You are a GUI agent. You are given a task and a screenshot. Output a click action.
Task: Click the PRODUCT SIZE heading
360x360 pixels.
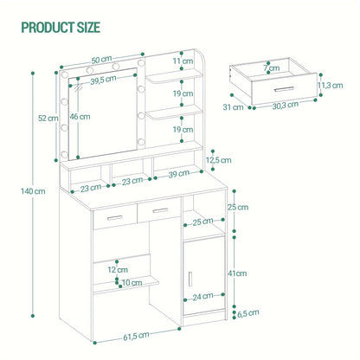point(61,28)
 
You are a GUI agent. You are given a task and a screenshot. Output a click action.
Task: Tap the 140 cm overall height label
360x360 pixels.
point(33,191)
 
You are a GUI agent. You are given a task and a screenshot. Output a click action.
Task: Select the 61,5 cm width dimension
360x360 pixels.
point(136,336)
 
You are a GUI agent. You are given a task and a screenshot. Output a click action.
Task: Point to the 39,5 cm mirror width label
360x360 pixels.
point(103,80)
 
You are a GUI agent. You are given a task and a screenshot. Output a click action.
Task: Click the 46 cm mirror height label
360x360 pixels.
point(80,117)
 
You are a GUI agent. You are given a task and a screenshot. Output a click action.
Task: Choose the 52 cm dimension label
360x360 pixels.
point(48,118)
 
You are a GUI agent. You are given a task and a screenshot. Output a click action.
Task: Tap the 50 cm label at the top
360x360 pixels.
point(101,60)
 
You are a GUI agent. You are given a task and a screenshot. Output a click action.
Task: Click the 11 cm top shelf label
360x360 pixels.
point(183,61)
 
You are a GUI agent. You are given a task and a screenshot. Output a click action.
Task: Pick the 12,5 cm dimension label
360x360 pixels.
point(218,160)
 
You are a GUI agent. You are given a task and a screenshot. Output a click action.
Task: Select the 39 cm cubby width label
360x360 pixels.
point(179,174)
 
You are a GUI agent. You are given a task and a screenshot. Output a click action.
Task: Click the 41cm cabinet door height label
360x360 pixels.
point(237,273)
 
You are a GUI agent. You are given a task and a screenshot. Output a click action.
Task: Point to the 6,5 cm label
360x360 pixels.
point(248,313)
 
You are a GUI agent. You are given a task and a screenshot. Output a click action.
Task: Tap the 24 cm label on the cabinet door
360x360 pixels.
point(202,296)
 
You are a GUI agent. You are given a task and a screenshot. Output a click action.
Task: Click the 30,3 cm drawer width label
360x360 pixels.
point(286,106)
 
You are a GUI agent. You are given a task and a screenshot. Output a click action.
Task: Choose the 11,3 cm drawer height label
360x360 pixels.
point(331,86)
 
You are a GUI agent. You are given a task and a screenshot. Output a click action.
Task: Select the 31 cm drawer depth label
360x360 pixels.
point(233,107)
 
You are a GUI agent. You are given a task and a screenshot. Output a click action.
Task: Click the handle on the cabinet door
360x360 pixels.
point(190,279)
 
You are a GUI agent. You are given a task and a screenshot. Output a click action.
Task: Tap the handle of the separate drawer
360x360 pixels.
point(284,89)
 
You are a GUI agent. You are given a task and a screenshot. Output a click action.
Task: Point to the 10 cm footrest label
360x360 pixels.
point(132,283)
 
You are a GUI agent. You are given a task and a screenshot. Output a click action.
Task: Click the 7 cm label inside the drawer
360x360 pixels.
point(272,68)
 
